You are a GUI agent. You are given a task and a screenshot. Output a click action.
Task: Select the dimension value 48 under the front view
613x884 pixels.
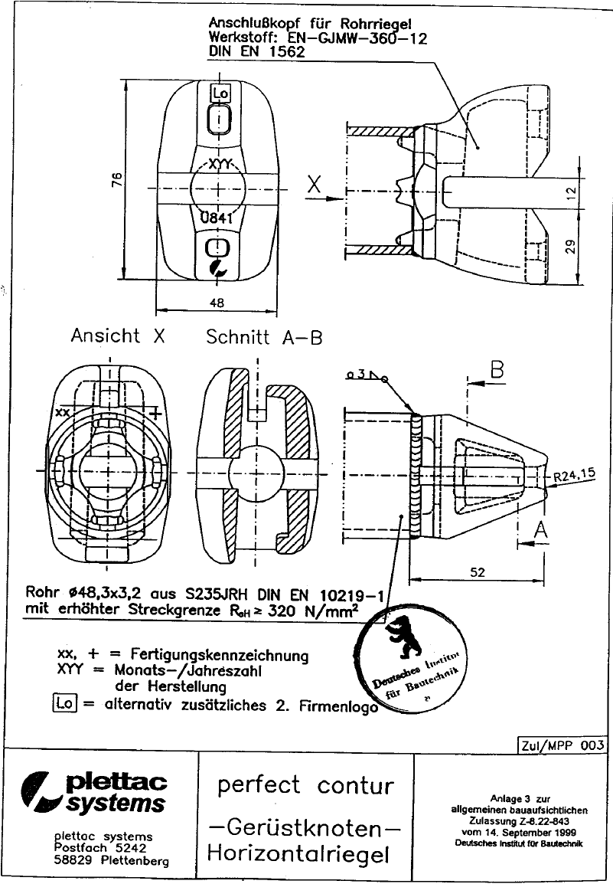tap(217, 303)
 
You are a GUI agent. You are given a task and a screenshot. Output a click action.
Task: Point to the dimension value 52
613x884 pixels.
tap(478, 571)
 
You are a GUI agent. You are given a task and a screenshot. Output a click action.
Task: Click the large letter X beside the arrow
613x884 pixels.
tap(314, 184)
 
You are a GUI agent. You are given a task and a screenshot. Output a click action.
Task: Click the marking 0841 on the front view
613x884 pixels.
tap(216, 218)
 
